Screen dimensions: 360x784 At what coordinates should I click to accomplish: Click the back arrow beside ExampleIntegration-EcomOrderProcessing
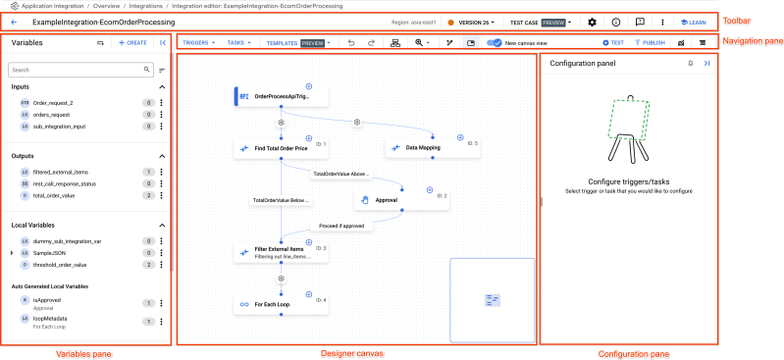(x=14, y=22)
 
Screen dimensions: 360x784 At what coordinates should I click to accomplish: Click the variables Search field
(x=78, y=71)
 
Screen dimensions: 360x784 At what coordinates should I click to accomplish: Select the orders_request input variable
(x=53, y=115)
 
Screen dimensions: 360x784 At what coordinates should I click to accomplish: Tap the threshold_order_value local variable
(x=60, y=265)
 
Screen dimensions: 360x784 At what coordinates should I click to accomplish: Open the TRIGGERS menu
(x=200, y=43)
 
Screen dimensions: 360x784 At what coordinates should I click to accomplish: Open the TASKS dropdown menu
(x=238, y=43)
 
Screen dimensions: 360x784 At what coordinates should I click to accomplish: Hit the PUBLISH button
(x=650, y=43)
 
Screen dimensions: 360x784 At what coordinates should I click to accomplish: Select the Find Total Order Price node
(x=280, y=148)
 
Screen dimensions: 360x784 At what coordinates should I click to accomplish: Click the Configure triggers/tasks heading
(x=628, y=181)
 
